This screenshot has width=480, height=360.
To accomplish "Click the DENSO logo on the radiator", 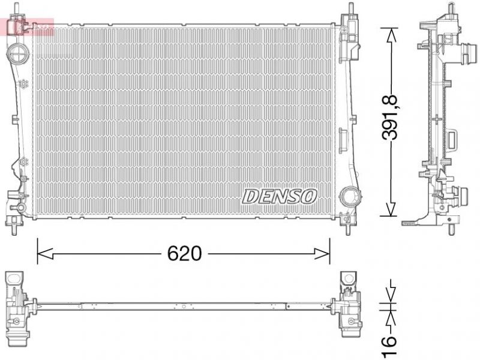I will (x=280, y=196).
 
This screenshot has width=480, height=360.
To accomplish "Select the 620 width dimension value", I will (x=184, y=254).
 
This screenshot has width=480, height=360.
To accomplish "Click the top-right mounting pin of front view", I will (x=348, y=11).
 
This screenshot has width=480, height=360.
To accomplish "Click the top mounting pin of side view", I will (x=449, y=10).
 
